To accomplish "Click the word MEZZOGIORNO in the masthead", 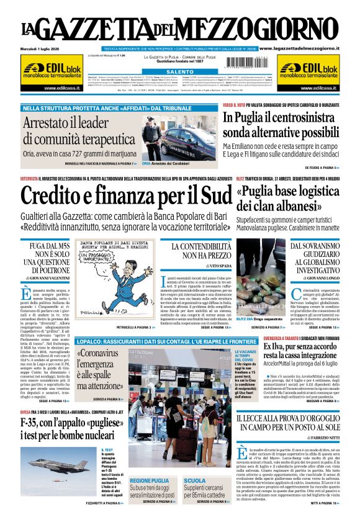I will [x=268, y=29].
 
